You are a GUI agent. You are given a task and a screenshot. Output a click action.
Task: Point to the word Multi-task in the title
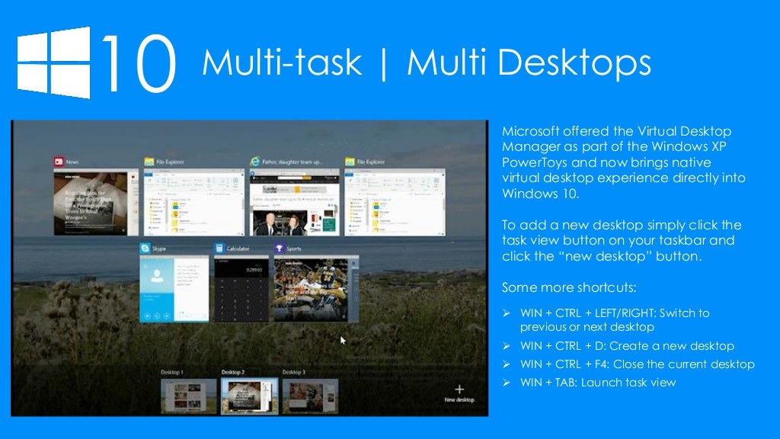[x=281, y=63]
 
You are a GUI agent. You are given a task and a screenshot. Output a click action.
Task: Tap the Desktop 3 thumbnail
[x=310, y=396]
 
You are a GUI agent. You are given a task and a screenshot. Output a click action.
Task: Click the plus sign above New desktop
[x=459, y=389]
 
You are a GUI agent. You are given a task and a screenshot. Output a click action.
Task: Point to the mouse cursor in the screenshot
[x=344, y=341]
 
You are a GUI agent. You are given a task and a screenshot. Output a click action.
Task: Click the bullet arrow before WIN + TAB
[x=507, y=383]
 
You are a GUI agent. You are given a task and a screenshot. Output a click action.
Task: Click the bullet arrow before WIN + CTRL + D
[x=507, y=346]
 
